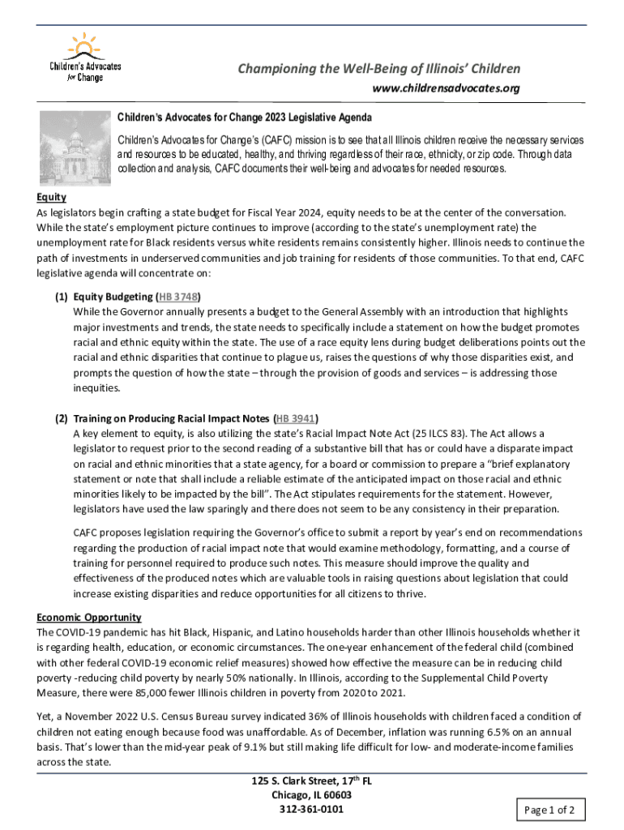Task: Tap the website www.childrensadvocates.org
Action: (x=446, y=88)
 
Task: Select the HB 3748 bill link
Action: (x=178, y=297)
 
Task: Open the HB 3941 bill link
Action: (x=296, y=419)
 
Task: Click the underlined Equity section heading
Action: (x=51, y=197)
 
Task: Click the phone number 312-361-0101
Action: (x=312, y=809)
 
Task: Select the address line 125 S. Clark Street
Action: (x=312, y=781)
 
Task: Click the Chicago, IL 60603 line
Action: (x=312, y=795)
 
